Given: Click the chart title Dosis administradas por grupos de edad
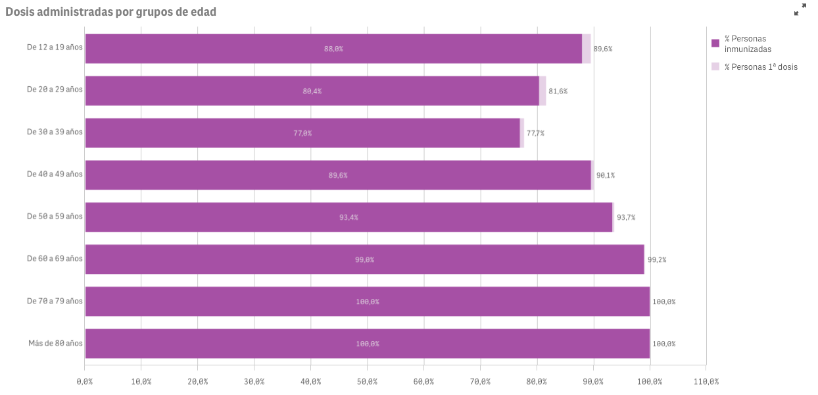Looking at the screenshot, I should click(x=110, y=12).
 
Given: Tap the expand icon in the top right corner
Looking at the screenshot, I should click(x=800, y=10).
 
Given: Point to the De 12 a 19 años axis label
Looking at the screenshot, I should click(x=55, y=48).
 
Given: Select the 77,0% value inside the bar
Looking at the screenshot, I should click(x=302, y=133).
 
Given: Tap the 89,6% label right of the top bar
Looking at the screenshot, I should click(x=603, y=49).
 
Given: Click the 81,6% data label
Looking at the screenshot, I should click(x=558, y=91).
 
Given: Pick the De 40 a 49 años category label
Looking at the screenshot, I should click(x=55, y=174).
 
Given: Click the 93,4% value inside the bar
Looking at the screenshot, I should click(x=349, y=217).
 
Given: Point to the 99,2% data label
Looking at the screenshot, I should click(x=657, y=259).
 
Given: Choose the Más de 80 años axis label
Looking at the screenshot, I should click(x=55, y=343).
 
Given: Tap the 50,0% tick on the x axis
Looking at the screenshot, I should click(x=367, y=381).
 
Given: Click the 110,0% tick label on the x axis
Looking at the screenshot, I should click(x=706, y=381).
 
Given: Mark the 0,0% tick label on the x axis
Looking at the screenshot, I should click(x=85, y=381).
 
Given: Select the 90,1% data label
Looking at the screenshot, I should click(x=605, y=175).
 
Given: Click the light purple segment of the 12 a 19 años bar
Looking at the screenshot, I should click(x=587, y=49).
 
